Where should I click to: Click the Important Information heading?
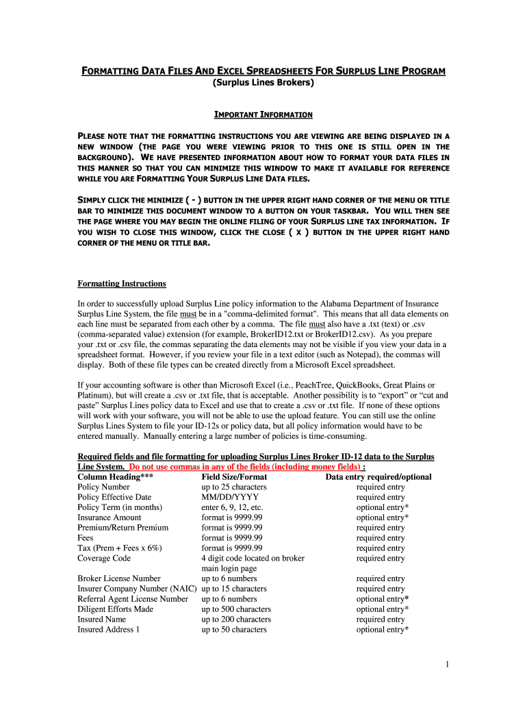(x=263, y=114)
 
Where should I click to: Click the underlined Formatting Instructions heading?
(x=121, y=283)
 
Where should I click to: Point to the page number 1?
(x=446, y=665)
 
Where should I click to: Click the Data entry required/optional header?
(x=378, y=477)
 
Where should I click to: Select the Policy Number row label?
(x=103, y=487)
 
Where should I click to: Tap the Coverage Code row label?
(x=104, y=559)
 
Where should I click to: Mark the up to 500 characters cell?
(x=236, y=609)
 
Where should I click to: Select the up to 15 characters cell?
(x=234, y=589)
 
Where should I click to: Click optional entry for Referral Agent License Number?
(x=383, y=599)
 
